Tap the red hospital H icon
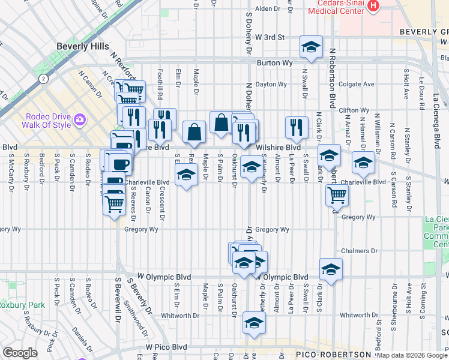coord(373,6)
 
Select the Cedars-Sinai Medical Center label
coord(336,7)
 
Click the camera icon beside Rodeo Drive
coord(80,120)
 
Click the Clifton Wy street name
coord(354,110)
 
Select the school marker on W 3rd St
coord(311,47)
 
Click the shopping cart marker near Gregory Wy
coord(337,194)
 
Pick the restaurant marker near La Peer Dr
coord(296,127)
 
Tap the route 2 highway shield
coord(43,79)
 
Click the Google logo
coord(20,353)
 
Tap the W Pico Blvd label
coord(163,347)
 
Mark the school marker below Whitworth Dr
coord(254,323)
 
